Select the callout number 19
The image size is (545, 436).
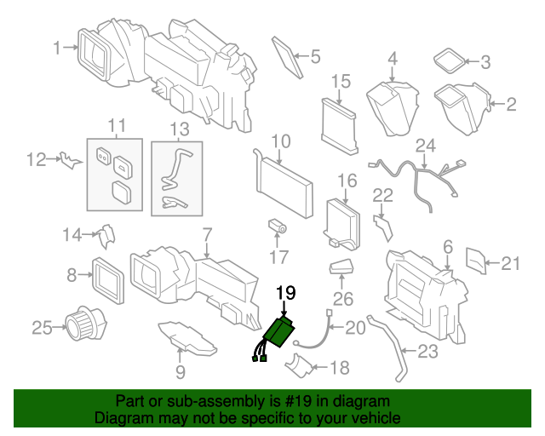[284, 294]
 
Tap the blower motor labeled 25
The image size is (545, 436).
[84, 324]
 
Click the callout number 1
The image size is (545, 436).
[57, 49]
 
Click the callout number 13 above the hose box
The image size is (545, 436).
[178, 129]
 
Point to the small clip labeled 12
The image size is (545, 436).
[67, 159]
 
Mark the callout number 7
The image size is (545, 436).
[206, 232]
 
